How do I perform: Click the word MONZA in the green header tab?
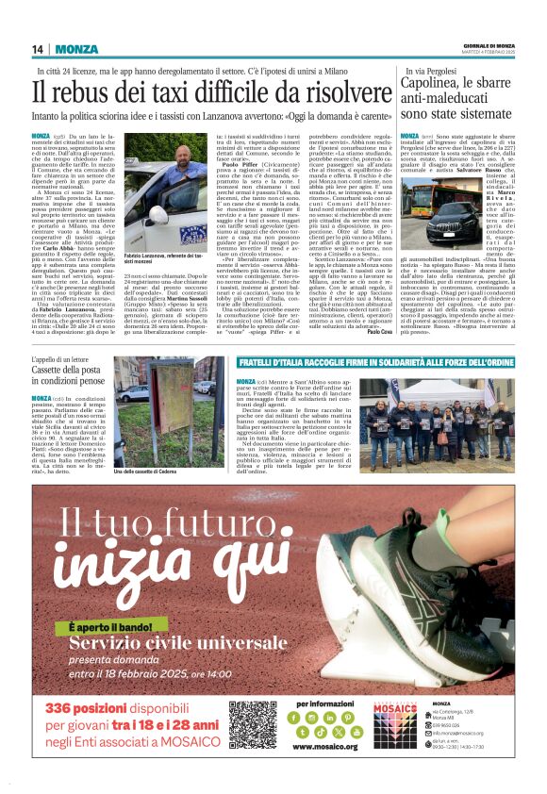click(x=76, y=49)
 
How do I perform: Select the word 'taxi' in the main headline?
click(x=171, y=93)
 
